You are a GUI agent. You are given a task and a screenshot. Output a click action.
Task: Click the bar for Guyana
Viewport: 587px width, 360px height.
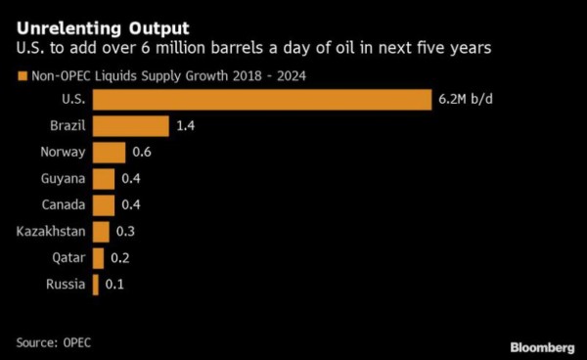pyautogui.click(x=103, y=179)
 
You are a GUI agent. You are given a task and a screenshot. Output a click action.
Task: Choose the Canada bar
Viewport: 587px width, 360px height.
pyautogui.click(x=103, y=205)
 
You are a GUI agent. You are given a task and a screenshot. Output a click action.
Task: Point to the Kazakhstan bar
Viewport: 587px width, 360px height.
pyautogui.click(x=101, y=232)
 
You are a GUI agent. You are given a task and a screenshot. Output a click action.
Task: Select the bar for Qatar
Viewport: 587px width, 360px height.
pyautogui.click(x=98, y=258)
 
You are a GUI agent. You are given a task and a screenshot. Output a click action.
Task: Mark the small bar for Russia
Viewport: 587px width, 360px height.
pyautogui.click(x=96, y=285)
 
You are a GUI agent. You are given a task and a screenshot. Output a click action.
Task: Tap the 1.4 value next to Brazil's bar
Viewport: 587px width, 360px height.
pyautogui.click(x=187, y=126)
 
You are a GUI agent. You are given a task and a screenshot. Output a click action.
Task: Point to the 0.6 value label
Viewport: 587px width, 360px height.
pyautogui.click(x=141, y=153)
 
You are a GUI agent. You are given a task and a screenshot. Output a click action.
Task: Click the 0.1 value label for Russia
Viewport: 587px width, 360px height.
pyautogui.click(x=114, y=285)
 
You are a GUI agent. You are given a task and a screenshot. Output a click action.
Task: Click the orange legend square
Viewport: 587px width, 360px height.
pyautogui.click(x=21, y=74)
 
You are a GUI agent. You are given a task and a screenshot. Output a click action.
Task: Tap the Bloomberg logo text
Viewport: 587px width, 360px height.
pyautogui.click(x=542, y=347)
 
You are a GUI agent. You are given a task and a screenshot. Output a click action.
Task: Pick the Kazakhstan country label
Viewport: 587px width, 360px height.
pyautogui.click(x=50, y=232)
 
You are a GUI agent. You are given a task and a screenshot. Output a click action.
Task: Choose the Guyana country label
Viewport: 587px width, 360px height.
pyautogui.click(x=64, y=179)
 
